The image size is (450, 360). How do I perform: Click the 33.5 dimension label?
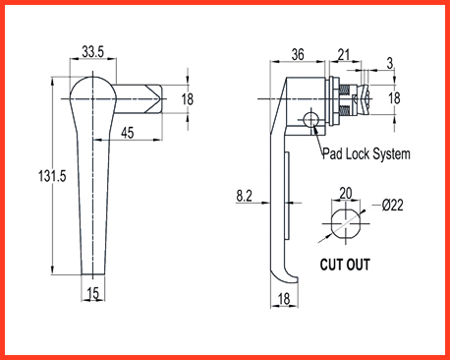pos(92,52)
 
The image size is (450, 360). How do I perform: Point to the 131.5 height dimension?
pos(52,176)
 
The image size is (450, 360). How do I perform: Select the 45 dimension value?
pos(128,133)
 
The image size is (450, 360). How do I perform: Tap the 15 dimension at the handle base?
pos(93,293)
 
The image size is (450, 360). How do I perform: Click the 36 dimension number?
pos(298,54)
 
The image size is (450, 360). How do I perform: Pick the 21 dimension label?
pos(344,55)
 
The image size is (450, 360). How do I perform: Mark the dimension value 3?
pos(390,63)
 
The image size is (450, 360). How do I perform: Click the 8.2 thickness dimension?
pos(245,196)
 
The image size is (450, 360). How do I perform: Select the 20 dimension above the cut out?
pos(346,194)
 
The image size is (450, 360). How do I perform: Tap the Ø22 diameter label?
pos(392,206)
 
